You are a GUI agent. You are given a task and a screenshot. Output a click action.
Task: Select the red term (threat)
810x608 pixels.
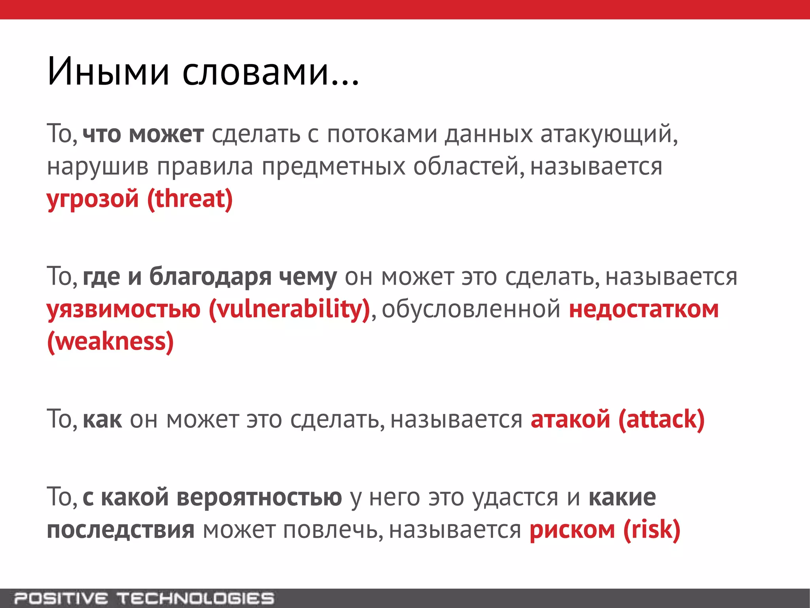190,199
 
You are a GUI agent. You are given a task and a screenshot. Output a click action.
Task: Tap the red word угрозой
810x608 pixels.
93,199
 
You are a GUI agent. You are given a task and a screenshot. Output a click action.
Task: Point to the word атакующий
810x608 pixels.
608,135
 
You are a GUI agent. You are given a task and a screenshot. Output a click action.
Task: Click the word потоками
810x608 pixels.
382,135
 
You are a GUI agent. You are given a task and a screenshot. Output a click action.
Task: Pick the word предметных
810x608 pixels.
333,167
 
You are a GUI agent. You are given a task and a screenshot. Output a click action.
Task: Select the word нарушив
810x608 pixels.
98,167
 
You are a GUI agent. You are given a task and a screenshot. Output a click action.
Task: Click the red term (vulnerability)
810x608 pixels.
289,309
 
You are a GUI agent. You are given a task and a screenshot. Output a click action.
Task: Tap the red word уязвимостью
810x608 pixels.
124,309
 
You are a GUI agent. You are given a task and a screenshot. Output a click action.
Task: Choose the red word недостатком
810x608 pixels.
643,309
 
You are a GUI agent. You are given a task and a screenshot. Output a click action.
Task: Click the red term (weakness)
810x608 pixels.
110,342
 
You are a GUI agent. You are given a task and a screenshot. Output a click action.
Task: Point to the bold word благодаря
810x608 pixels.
210,277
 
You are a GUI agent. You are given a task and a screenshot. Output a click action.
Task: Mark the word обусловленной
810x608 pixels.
471,309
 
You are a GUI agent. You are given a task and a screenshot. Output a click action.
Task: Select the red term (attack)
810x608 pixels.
661,419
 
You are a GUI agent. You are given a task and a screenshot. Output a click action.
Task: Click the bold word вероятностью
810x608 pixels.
259,497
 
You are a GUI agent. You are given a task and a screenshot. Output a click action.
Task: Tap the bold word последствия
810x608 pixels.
121,530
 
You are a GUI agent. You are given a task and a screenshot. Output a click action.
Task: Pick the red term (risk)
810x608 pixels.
652,530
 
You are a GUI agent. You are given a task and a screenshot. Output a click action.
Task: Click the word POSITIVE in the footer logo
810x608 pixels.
61,598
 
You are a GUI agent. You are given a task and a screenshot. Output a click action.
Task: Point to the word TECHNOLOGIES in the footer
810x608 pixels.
195,598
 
